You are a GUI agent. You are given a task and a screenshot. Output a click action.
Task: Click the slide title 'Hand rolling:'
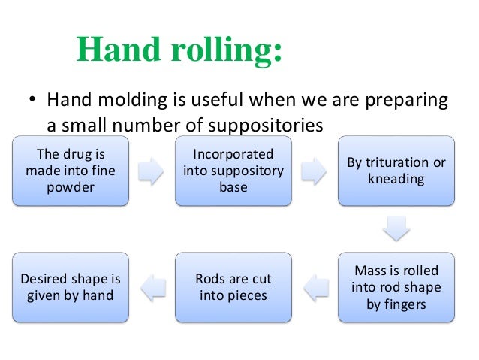click(x=180, y=49)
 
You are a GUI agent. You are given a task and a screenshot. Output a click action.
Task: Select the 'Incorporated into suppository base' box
click(x=233, y=171)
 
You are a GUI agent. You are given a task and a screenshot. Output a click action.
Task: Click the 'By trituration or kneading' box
click(x=396, y=171)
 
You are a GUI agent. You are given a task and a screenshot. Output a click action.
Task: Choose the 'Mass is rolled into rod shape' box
click(x=396, y=287)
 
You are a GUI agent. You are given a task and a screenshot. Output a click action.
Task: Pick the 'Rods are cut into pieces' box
click(x=233, y=287)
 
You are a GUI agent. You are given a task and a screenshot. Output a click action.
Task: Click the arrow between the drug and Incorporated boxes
click(x=151, y=171)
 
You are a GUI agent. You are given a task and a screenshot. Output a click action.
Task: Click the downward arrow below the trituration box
click(x=396, y=228)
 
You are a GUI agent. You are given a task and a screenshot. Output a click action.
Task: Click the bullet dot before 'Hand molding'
click(x=32, y=101)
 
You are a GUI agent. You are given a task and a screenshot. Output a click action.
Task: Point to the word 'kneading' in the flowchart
click(x=396, y=180)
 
